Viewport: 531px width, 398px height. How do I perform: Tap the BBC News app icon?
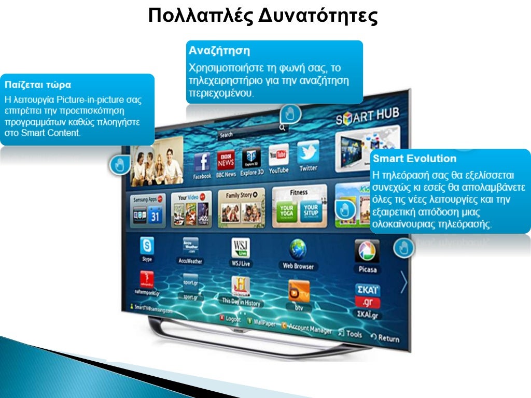(226, 161)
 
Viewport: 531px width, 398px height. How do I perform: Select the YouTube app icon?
(278, 155)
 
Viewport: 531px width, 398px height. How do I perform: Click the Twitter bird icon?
(308, 152)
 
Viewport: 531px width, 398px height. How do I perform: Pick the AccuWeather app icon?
(190, 245)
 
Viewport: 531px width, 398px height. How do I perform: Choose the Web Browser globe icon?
(298, 250)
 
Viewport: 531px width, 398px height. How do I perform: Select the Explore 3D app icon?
(252, 158)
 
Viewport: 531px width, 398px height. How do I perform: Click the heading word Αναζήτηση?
(219, 51)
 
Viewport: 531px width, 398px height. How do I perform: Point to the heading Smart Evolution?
(414, 159)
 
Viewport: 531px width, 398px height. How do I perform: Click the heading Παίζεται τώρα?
(38, 84)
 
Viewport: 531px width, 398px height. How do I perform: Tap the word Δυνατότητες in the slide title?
(317, 16)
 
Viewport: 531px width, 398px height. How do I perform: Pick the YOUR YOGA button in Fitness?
(287, 211)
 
